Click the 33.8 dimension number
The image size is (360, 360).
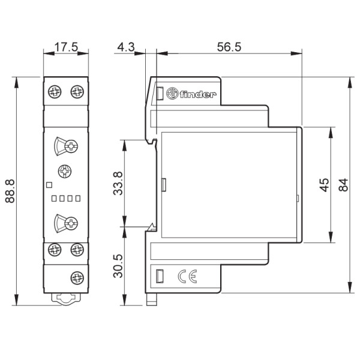(118, 183)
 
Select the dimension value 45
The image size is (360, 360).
(324, 184)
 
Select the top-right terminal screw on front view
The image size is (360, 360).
(77, 92)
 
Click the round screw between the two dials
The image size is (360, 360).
(65, 172)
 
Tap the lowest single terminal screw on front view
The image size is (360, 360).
(77, 277)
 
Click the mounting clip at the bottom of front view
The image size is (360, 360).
(65, 298)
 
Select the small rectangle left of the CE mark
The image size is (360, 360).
(160, 276)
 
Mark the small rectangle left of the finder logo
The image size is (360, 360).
(160, 94)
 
